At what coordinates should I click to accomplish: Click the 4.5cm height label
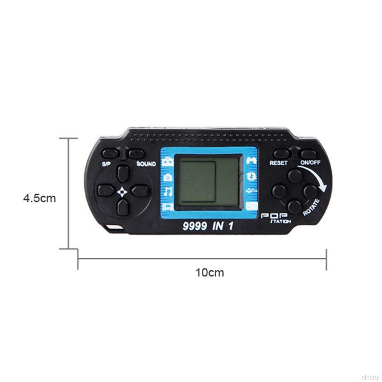(40, 198)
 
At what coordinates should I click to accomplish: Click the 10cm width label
(210, 272)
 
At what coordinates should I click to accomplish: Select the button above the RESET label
(281, 154)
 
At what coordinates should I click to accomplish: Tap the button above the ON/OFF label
(308, 154)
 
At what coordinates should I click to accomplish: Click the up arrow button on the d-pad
(123, 173)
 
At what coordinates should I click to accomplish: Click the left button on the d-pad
(106, 190)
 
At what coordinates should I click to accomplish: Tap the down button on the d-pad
(123, 207)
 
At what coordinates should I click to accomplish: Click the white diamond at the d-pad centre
(122, 192)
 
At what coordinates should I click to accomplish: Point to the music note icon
(168, 191)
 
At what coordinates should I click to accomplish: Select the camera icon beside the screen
(168, 177)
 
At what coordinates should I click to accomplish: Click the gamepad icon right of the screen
(252, 160)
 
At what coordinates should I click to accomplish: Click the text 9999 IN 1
(208, 226)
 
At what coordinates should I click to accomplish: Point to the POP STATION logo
(276, 218)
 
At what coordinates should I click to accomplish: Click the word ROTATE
(311, 207)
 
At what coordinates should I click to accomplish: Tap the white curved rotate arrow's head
(324, 188)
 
